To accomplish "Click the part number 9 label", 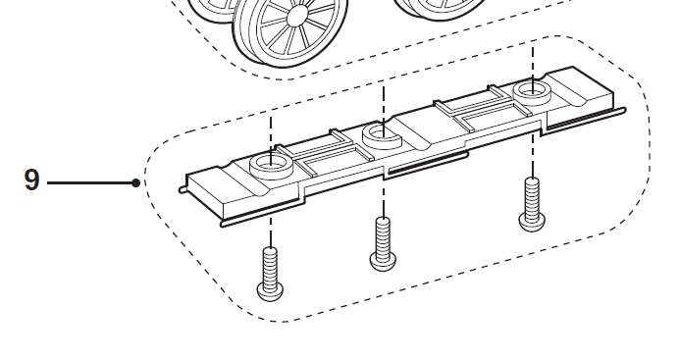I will point(31,180).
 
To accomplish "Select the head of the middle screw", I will point(383,259).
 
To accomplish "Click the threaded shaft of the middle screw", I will point(383,233).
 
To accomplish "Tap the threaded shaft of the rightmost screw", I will point(531,195).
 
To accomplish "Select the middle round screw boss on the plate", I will point(381,133).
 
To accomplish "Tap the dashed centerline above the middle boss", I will point(383,103).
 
